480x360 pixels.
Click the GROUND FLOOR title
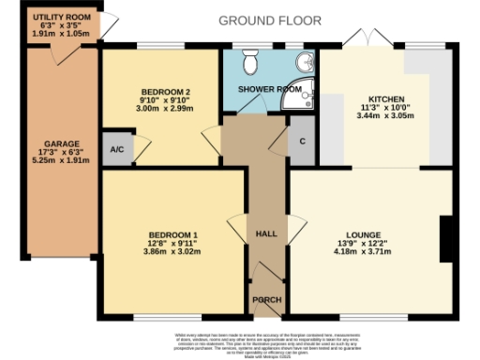pos(270,20)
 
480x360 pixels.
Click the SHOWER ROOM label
pos(269,89)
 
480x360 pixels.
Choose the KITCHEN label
pos(386,98)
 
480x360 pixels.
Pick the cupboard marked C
pos(301,141)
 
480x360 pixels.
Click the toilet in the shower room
pos(250,63)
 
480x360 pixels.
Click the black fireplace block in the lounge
pos(445,232)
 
